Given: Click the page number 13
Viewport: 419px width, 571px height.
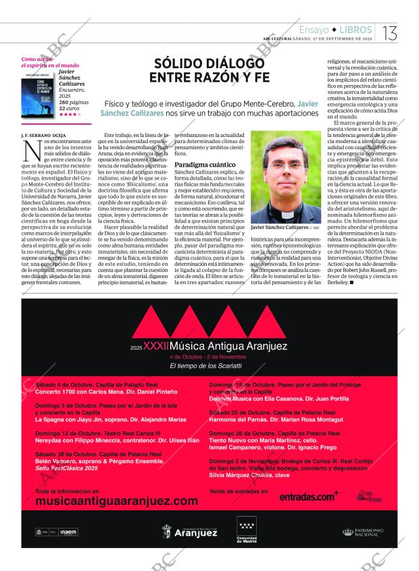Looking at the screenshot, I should coord(391,32).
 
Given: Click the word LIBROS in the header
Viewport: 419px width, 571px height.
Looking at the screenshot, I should coord(355,30).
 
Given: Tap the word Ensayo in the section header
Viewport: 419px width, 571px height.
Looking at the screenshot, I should coord(314,30).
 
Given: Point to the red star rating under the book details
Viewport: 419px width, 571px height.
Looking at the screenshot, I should coord(69,114).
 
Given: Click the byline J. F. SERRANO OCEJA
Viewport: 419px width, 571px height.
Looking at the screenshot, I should coord(44,135).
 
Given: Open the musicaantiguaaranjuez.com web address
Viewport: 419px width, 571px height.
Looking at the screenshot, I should coord(116,501).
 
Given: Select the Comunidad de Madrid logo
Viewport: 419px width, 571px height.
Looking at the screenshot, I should coord(247,530).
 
